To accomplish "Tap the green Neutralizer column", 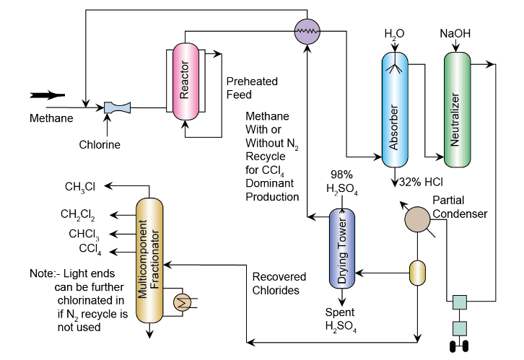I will [456, 107].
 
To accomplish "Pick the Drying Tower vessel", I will [342, 249].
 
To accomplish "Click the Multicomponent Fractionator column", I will [148, 259].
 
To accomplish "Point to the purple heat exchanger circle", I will [308, 30].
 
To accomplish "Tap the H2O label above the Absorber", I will [394, 33].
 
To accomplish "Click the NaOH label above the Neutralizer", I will [455, 33].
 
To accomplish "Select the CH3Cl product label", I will [79, 187].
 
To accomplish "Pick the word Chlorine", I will [100, 144].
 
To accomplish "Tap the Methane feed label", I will [51, 118].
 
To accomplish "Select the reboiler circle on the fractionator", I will [182, 302].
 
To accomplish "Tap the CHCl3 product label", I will [84, 234].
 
